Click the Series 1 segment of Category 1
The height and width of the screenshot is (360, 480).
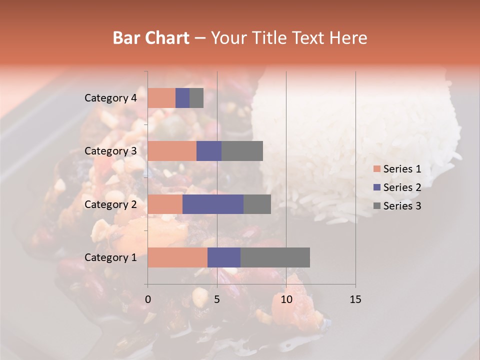pos(177,257)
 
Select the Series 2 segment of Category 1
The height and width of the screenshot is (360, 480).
pos(224,257)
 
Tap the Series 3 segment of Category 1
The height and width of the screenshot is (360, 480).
pos(275,257)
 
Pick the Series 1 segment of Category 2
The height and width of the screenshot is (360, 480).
pos(165,204)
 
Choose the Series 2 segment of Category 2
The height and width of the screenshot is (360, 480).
pos(213,204)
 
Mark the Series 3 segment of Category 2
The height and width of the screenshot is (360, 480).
pos(257,204)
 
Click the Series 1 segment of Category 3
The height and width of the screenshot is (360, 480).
pos(172,151)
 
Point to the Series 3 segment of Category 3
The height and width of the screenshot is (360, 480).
pos(242,151)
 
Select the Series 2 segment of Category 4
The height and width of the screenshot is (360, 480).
pos(182,98)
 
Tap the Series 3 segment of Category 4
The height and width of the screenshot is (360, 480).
pos(196,98)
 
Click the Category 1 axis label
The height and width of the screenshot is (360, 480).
pos(110,257)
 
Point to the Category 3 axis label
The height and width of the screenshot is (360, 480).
pos(110,151)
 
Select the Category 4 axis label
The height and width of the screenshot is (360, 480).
pos(110,98)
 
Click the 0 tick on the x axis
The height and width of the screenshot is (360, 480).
pos(148,299)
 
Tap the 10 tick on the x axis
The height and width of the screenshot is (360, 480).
pos(286,299)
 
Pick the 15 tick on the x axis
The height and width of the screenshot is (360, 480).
pos(355,299)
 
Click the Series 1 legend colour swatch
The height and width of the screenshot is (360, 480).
pos(377,169)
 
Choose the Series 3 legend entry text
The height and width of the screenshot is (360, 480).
pos(402,206)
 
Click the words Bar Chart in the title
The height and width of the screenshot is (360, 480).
pos(151,38)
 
